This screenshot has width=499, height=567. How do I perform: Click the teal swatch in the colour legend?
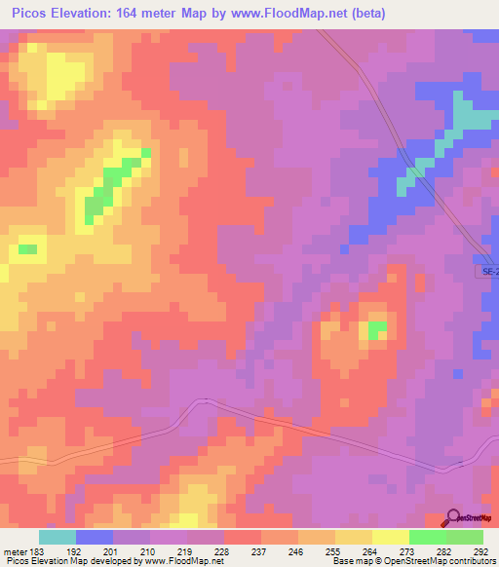(58, 537)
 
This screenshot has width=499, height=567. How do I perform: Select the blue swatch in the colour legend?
(95, 537)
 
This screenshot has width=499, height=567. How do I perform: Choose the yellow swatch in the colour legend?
(390, 537)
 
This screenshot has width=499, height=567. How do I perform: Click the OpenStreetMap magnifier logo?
(451, 518)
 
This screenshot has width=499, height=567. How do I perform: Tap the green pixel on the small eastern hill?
(376, 327)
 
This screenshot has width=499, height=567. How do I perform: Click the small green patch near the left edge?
(27, 249)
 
